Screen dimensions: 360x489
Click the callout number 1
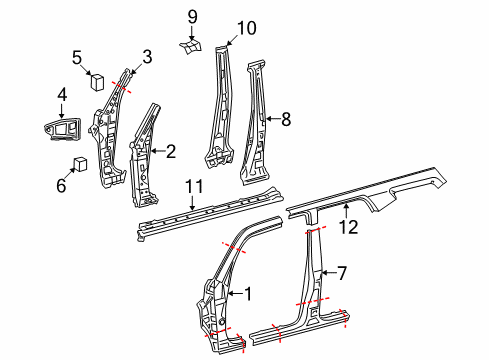[x=250, y=293]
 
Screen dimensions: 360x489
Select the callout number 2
[x=170, y=152]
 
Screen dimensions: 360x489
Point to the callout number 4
[x=62, y=97]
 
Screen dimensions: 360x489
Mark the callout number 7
[x=341, y=272]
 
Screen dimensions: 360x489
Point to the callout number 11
[x=194, y=186]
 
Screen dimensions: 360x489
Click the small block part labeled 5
[x=99, y=82]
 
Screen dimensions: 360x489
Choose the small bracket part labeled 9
[x=192, y=48]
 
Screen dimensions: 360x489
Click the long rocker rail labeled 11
[x=200, y=213]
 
